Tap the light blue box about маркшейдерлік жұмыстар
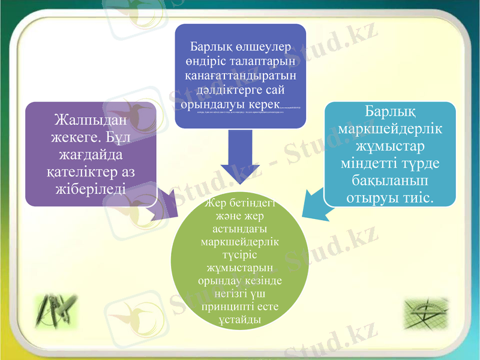pyautogui.click(x=389, y=154)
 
